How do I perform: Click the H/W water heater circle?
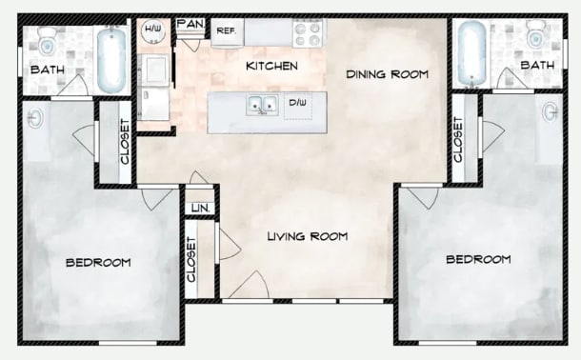pos(151,31)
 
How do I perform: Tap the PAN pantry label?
pos(190,22)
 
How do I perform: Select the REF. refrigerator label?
pos(226,31)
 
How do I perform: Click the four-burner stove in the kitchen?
pos(308,32)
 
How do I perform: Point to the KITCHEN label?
pos(272,67)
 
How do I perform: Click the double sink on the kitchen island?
pos(257,105)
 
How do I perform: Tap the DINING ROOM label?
pos(387,73)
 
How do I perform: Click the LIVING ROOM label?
pos(307,236)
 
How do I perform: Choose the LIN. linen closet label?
pos(200,207)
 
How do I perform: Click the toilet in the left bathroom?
pos(46,42)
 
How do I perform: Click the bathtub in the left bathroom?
pos(110,59)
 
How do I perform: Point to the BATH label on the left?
pos(47,70)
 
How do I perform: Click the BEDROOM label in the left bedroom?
pos(97,262)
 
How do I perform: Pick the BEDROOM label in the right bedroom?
pos(477,259)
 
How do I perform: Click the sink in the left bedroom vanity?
pos(35,118)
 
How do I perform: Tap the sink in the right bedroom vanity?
pos(550,112)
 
